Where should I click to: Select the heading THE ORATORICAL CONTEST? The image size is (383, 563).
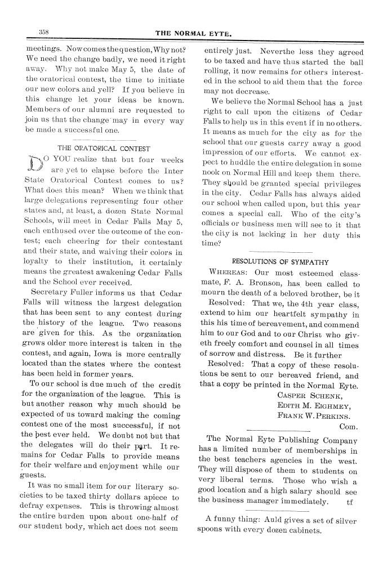coord(104,149)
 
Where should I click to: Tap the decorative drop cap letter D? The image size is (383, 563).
coord(33,166)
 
